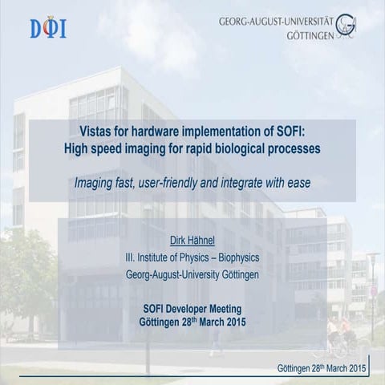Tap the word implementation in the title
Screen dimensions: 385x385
point(232,132)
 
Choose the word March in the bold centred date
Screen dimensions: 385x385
point(204,321)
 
